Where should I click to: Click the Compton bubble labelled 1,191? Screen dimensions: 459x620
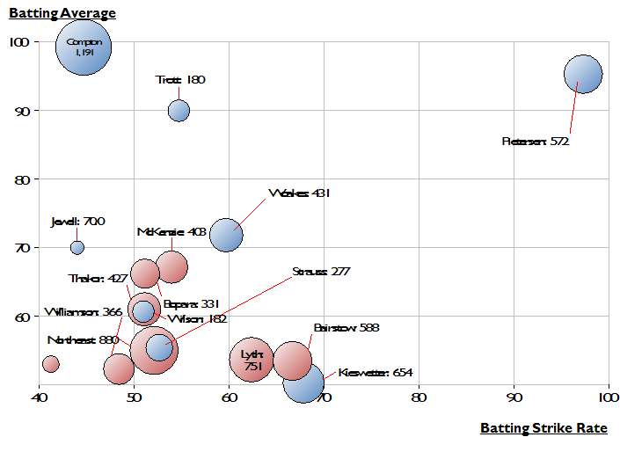coord(84,47)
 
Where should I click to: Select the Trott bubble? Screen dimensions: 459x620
coord(179,110)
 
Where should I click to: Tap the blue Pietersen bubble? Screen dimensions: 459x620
coord(583,75)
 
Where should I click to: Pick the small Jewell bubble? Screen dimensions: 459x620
coord(77,247)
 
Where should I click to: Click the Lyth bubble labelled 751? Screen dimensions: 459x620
coord(253,359)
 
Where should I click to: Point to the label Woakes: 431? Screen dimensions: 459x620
coord(299,193)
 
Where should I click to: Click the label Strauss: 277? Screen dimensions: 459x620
coord(321,271)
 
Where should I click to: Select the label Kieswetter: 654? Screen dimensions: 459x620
coord(375,372)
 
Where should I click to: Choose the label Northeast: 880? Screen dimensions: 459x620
coord(83,339)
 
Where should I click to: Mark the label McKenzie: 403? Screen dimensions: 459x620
coord(171,232)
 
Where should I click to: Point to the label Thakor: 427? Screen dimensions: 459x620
coord(98,279)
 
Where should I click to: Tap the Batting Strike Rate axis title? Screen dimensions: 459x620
coord(543,428)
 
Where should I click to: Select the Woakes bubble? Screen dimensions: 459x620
coord(226,236)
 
